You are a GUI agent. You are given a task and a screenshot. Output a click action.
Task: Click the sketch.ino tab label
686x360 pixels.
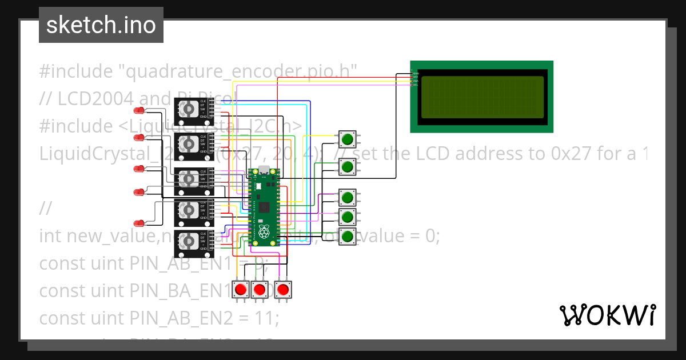click(x=101, y=25)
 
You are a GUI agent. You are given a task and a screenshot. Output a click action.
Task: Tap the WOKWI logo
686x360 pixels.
click(x=607, y=315)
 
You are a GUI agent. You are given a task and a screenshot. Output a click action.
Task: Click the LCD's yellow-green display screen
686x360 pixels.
click(x=482, y=97)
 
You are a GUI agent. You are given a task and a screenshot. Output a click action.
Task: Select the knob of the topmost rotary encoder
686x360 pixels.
click(x=189, y=108)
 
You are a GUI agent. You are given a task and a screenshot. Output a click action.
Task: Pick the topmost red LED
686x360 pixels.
click(x=139, y=110)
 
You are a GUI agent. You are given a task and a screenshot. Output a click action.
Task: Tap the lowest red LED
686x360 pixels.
click(x=139, y=223)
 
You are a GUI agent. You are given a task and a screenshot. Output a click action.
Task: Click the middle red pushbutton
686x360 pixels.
click(x=260, y=290)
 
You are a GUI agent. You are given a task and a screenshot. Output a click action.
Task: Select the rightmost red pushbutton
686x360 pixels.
click(x=282, y=290)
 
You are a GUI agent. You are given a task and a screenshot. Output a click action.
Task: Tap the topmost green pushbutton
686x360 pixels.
click(x=347, y=138)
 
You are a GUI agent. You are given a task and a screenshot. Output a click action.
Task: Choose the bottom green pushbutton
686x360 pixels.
click(x=347, y=235)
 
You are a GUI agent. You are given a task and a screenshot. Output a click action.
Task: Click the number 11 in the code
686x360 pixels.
click(x=265, y=317)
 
